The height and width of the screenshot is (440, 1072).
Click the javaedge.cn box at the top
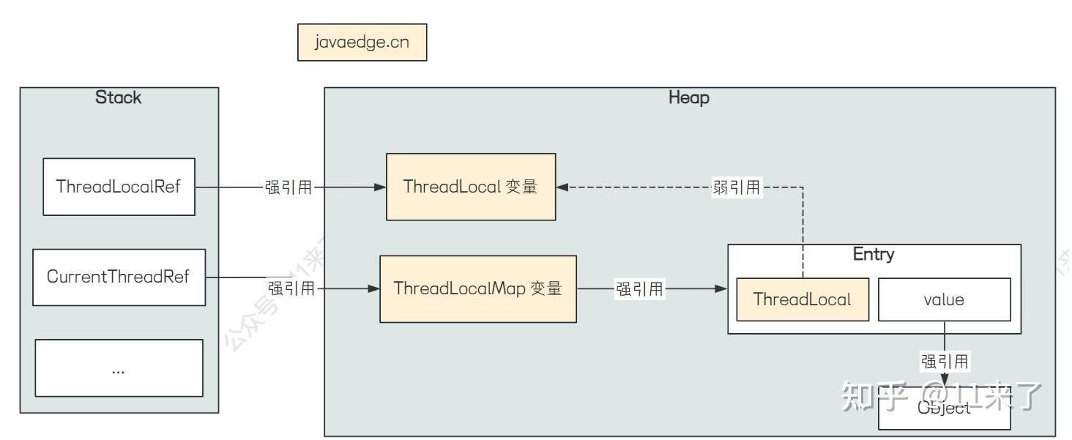pos(362,43)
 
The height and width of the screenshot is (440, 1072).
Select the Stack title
pos(119,98)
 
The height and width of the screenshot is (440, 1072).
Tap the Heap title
pos(689,98)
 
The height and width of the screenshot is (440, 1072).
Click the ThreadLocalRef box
pos(119,186)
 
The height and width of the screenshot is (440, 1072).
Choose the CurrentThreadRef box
pos(119,277)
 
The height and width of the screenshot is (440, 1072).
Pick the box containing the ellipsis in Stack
pos(119,368)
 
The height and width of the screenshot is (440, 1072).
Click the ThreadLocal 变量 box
pos(470,187)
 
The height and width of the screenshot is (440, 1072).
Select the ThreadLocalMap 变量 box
pos(477,288)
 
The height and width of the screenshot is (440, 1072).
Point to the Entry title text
pos(874,256)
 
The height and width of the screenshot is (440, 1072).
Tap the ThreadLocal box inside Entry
pos(803,299)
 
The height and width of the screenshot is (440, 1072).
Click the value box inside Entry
pos(944,299)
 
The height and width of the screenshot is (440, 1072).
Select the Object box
pos(944,408)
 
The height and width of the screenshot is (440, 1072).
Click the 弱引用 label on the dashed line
pos(736,187)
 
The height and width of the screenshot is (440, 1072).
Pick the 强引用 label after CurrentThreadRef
pos(291,288)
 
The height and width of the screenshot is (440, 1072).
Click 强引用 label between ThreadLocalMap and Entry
pos(639,289)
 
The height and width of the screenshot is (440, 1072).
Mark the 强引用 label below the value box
pos(945,360)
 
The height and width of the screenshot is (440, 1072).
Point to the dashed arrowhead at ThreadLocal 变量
pos(562,187)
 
